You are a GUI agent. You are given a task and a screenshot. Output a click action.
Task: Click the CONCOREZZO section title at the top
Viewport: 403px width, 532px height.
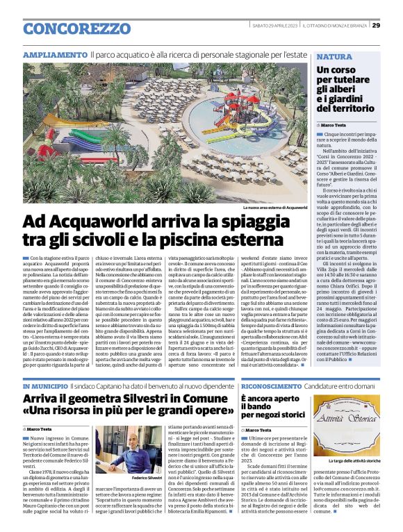[x=76, y=28]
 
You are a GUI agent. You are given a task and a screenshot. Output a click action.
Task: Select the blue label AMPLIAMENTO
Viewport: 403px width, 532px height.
[x=55, y=54]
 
